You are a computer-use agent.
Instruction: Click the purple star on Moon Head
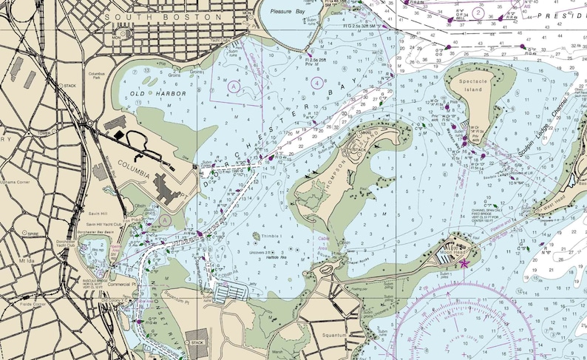point(464,262)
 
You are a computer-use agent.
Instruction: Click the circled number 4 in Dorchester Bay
point(317,83)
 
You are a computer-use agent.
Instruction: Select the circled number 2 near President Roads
point(478,13)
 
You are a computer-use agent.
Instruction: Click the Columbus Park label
point(98,76)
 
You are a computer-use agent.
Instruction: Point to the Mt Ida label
point(28,260)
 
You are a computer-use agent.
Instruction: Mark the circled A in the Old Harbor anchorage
point(234,86)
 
